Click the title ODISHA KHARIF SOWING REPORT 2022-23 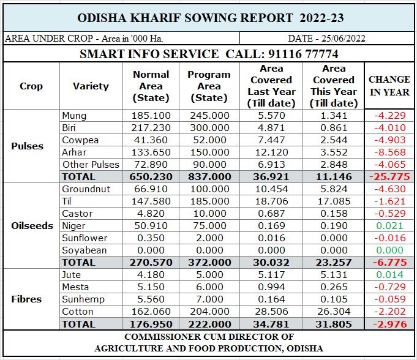[x=208, y=17]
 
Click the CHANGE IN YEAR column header [x=389, y=86]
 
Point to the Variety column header [x=90, y=86]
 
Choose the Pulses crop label [x=28, y=146]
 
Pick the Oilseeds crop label [x=32, y=225]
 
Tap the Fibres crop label [x=27, y=299]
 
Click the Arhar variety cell [x=74, y=152]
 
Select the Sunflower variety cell [x=85, y=238]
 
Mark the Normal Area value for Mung [x=151, y=115]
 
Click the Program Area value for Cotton [x=208, y=312]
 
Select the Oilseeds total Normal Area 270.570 [x=151, y=262]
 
